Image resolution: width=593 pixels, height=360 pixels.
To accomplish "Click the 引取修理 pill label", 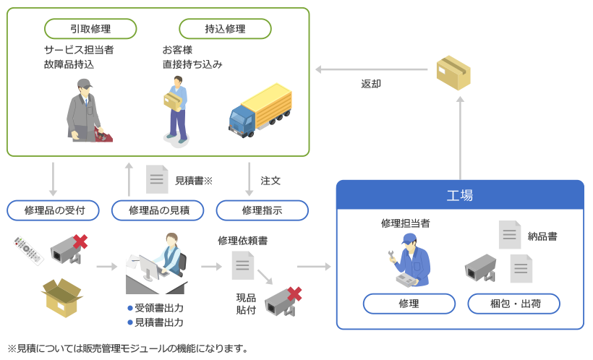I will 90,29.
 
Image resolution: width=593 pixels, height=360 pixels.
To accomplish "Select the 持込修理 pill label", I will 225,29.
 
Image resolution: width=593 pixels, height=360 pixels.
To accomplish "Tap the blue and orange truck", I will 260,109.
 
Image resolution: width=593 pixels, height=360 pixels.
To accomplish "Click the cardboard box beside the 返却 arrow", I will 453,72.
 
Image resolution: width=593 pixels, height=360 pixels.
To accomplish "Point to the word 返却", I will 371,84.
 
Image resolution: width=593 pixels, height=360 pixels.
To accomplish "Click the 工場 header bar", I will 460,196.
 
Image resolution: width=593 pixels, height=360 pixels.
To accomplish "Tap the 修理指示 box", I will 262,210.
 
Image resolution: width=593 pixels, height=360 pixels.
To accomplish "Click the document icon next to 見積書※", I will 157,179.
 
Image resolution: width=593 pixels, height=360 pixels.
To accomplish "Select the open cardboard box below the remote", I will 62,297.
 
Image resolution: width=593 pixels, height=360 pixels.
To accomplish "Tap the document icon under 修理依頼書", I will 242,265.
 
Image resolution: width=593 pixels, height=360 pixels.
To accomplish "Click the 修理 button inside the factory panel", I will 409,304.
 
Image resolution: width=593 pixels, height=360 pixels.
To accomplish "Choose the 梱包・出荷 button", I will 514,304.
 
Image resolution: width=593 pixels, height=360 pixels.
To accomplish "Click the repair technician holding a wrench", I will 410,261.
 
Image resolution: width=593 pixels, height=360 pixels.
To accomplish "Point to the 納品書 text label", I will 542,236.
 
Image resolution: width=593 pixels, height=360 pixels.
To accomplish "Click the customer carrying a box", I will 176,112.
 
